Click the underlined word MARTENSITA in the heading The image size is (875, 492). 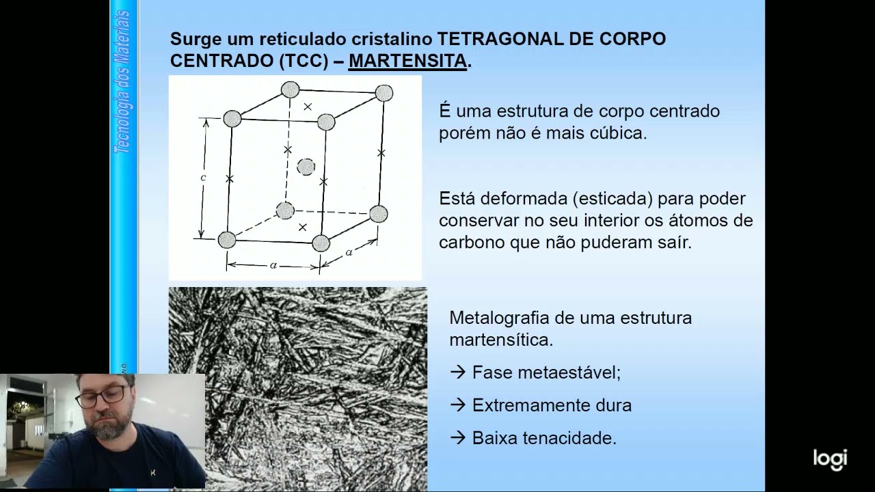[x=407, y=61]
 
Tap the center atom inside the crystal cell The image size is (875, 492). [x=306, y=167]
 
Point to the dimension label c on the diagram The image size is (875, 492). [x=203, y=178]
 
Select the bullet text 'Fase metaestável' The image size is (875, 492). [x=546, y=372]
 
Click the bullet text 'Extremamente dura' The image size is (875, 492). [x=552, y=405]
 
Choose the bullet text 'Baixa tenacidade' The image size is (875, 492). [x=544, y=438]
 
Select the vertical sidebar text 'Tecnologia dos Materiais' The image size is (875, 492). [x=124, y=82]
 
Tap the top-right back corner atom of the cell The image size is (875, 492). [x=384, y=93]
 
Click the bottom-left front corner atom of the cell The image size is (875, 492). [x=227, y=240]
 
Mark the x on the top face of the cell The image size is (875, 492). [x=308, y=107]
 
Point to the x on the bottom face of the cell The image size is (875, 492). [x=303, y=226]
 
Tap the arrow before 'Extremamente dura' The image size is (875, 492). [x=457, y=405]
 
